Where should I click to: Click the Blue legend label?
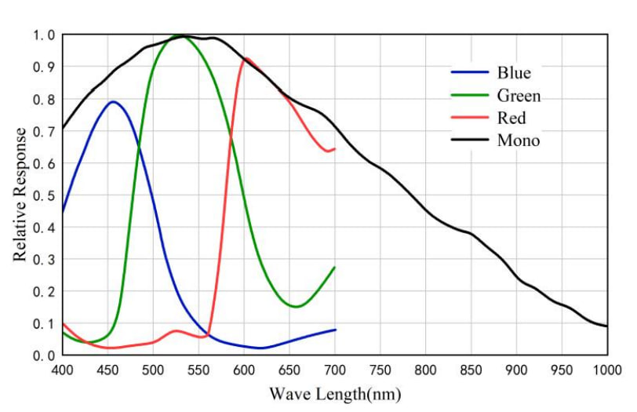(514, 73)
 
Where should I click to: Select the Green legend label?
(519, 96)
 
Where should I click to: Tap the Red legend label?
(511, 118)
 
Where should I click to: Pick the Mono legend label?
(518, 141)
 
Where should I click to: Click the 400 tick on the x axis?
(63, 370)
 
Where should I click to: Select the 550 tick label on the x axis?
(198, 370)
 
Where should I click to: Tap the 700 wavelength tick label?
(335, 370)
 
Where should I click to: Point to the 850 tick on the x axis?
(471, 370)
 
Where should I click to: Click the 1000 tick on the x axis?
(606, 370)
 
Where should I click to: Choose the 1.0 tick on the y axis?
(44, 35)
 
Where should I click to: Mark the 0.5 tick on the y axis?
(44, 195)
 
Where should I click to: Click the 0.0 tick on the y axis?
(44, 355)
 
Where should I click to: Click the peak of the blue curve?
(114, 101)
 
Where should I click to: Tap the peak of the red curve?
(246, 57)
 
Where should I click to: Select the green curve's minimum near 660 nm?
(296, 307)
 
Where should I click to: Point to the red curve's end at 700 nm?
(335, 148)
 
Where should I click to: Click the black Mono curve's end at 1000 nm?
(606, 326)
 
